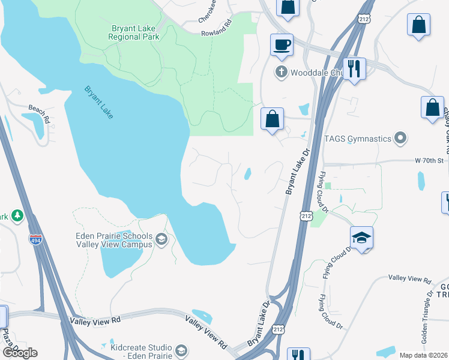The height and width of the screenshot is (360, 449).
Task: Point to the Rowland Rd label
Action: [x=215, y=34]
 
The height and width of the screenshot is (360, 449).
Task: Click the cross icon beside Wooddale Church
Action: [x=280, y=73]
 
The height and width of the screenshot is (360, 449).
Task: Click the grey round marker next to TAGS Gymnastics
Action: [x=400, y=139]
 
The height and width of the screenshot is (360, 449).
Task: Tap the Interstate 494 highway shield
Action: [x=35, y=239]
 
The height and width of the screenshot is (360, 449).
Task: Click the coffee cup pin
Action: [x=282, y=44]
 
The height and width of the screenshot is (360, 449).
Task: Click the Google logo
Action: [x=20, y=353]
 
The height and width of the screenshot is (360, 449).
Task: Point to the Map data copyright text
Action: [x=423, y=355]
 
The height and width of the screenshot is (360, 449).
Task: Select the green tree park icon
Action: [x=17, y=215]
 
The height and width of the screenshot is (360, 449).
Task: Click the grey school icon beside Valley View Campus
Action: [x=161, y=240]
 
